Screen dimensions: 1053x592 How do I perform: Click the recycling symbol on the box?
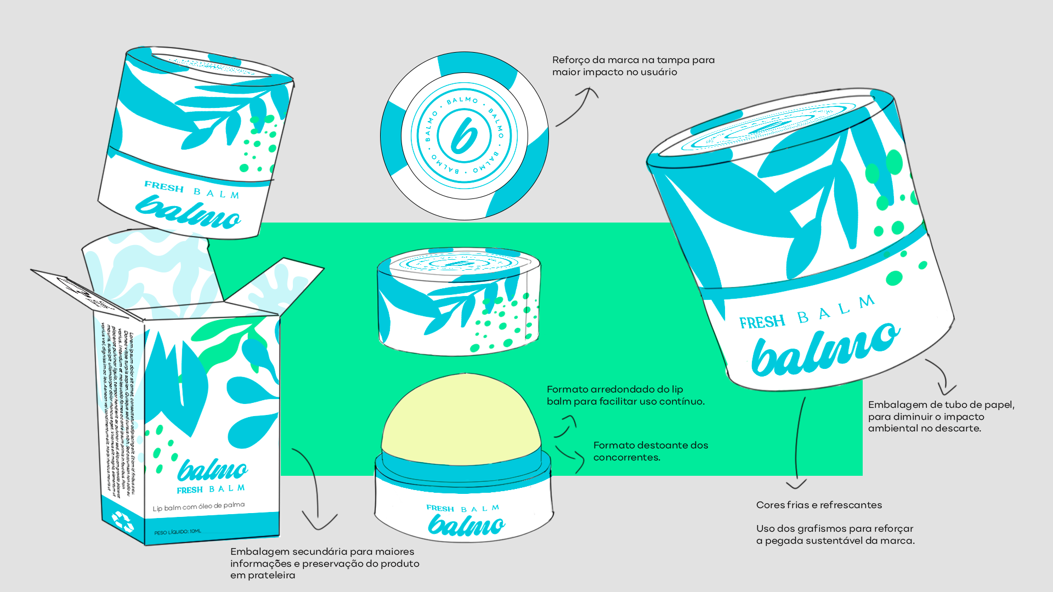pyautogui.click(x=122, y=521)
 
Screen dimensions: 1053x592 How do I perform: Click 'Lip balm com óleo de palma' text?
pyautogui.click(x=199, y=506)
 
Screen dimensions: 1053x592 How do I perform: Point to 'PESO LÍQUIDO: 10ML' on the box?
pyautogui.click(x=178, y=532)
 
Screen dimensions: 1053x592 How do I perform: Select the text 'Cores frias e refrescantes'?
pyautogui.click(x=819, y=505)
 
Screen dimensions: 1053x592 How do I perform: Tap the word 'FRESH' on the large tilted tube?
pyautogui.click(x=762, y=322)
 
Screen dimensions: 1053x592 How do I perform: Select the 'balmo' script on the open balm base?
pyautogui.click(x=466, y=525)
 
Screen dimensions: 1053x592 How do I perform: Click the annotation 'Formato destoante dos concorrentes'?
pyautogui.click(x=650, y=451)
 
